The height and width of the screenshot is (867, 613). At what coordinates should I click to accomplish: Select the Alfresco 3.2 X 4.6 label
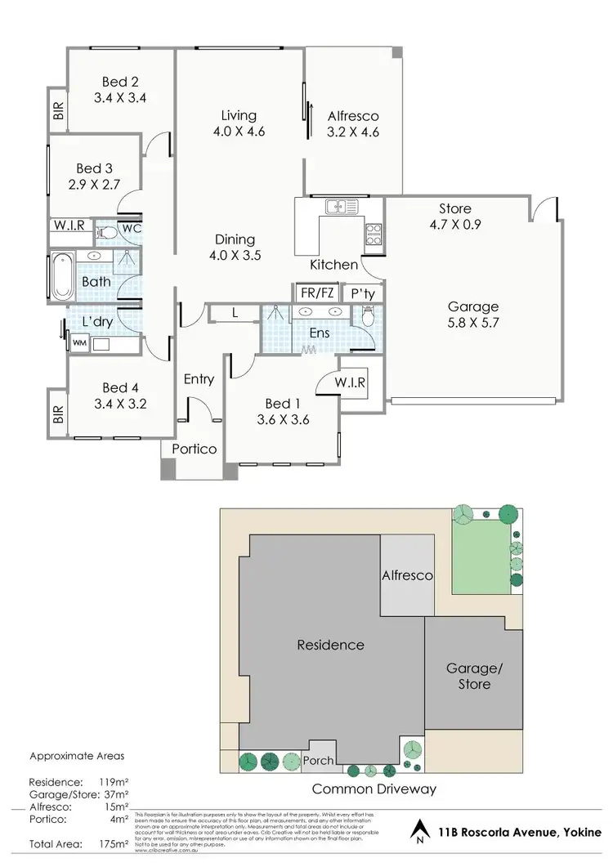point(352,123)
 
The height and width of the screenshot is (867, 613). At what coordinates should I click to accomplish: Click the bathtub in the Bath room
point(61,276)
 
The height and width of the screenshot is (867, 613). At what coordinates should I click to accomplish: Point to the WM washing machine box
point(79,344)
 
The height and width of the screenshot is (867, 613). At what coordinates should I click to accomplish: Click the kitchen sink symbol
point(337,207)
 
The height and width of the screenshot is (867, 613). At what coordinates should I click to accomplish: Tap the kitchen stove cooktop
point(374,229)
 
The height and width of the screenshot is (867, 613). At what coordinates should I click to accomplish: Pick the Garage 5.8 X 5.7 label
point(472,314)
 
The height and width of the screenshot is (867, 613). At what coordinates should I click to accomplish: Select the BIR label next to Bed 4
point(57,415)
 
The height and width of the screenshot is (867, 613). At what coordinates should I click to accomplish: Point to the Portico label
point(194,449)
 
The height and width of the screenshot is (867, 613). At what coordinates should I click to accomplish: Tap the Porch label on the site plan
point(318,761)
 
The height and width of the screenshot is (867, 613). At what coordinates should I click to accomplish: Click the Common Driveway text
point(374,789)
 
